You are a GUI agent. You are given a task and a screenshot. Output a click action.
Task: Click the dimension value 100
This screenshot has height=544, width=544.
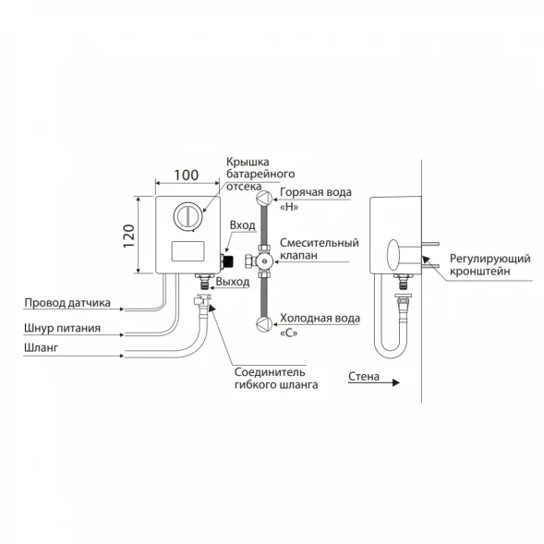(187, 175)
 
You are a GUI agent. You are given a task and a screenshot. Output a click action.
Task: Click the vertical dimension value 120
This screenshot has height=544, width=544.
(129, 236)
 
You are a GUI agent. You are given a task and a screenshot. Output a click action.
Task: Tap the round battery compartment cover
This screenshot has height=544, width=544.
(187, 216)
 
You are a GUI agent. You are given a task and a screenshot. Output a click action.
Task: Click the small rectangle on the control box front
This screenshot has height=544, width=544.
(187, 251)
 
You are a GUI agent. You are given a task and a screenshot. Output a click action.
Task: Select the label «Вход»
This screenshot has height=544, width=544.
(243, 225)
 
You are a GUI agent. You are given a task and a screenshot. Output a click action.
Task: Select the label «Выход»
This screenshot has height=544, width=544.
(233, 282)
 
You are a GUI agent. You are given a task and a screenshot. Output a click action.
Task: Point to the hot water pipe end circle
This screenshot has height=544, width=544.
(264, 199)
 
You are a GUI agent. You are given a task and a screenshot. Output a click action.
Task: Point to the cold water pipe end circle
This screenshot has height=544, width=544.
(264, 323)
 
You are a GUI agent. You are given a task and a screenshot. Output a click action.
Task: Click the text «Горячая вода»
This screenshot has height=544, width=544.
(316, 192)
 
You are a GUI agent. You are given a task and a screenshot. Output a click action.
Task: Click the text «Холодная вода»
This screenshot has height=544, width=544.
(320, 318)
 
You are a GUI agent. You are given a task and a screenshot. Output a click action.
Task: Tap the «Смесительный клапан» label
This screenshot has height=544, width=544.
(320, 248)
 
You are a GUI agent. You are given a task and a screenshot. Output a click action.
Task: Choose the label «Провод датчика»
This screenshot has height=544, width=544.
(67, 303)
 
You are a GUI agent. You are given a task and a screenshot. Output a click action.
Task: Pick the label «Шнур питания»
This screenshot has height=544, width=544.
(63, 328)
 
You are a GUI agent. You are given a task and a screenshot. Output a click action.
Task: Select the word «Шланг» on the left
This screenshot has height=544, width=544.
(42, 347)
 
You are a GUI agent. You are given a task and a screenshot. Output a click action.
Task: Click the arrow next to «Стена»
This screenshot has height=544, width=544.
(374, 382)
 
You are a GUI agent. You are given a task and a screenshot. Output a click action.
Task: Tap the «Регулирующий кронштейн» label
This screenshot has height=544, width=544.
(490, 265)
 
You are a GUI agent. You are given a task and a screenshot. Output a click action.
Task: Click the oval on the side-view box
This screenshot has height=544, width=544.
(393, 255)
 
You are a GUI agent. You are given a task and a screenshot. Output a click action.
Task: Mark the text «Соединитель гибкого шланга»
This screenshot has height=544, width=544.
(276, 379)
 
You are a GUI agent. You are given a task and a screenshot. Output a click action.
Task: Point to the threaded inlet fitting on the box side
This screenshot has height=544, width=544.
(227, 260)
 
